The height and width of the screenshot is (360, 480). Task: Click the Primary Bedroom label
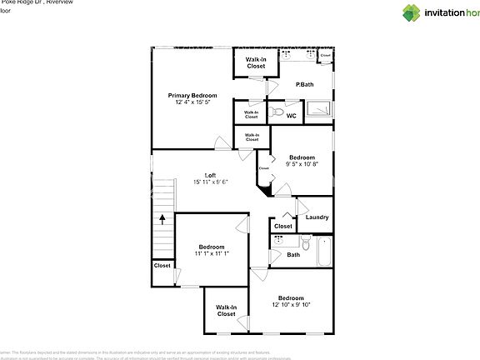point(192,96)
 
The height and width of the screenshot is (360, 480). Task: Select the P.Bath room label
point(303,84)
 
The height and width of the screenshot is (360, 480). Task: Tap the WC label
point(292,116)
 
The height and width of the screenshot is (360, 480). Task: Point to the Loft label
point(210,175)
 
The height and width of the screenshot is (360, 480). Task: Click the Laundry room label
point(317,217)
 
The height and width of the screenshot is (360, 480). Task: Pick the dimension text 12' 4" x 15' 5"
point(192,102)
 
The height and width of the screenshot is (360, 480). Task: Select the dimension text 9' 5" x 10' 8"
point(302,164)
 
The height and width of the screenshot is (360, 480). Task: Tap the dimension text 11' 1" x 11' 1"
point(212,253)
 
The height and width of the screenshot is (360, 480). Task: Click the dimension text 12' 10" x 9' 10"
point(291,305)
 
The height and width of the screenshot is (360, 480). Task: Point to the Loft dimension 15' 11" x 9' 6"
point(210,182)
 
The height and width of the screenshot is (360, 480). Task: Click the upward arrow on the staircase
point(162,220)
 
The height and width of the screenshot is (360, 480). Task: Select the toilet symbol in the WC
point(279,112)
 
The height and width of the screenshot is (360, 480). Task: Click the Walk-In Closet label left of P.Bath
point(255,62)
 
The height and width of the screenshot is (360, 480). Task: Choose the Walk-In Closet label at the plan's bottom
point(226,311)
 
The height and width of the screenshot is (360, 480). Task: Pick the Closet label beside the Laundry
point(283,226)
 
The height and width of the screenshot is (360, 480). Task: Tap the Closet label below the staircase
point(162,266)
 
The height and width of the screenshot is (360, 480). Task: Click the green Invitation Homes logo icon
point(413,12)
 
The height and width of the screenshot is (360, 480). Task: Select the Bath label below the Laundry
point(293,255)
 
